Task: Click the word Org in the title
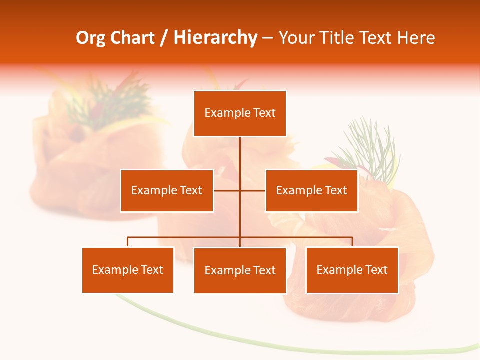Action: coord(91,38)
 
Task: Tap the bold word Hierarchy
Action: coord(215,38)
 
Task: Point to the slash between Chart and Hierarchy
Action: coord(164,38)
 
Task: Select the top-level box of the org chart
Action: coord(240,113)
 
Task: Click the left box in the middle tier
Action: coord(167,190)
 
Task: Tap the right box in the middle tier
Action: coord(311,190)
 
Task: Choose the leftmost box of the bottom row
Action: coord(128,270)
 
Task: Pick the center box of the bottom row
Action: coord(240,270)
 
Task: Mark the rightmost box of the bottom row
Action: coord(352,270)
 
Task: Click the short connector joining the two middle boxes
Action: coord(240,190)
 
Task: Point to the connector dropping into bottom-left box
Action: coord(128,242)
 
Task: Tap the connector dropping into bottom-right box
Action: coord(352,242)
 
